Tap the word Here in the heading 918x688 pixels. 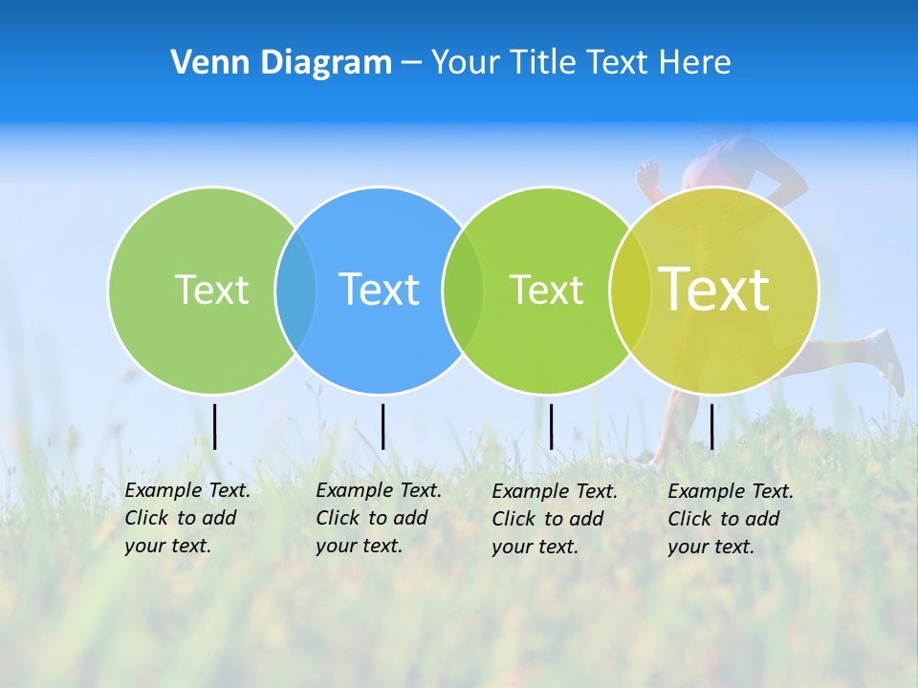click(694, 63)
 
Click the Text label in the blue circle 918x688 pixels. click(380, 290)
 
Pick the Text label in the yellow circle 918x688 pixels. click(714, 290)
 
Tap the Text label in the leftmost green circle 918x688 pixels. click(211, 290)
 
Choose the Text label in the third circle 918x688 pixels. click(546, 290)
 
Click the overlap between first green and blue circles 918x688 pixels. click(295, 290)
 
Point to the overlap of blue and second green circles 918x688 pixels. click(463, 290)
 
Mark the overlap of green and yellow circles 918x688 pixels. click(630, 290)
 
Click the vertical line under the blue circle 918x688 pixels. click(382, 426)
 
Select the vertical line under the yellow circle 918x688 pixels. click(711, 426)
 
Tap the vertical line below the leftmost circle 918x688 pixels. click(215, 426)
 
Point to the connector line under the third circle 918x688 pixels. click(551, 426)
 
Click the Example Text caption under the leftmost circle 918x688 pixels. click(186, 518)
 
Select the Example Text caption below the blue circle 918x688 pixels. click(378, 518)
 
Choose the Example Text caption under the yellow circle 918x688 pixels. click(730, 519)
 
